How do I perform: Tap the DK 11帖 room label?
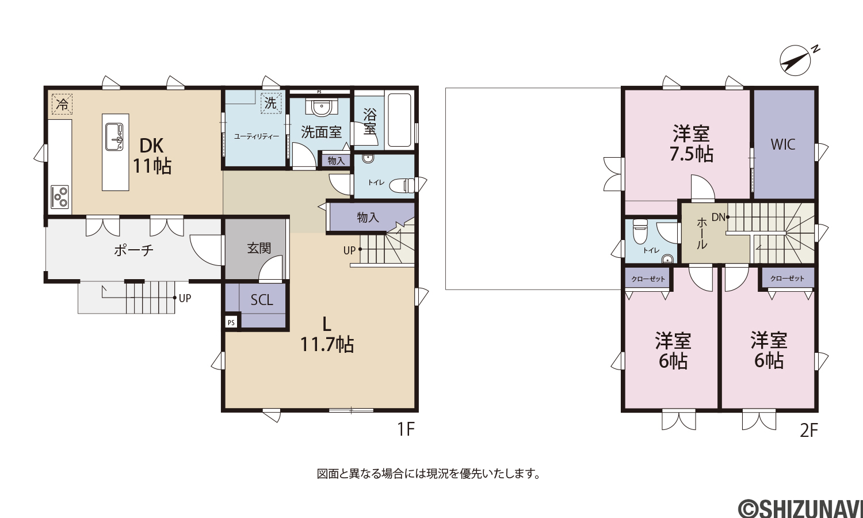152,156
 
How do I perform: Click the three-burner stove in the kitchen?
60,197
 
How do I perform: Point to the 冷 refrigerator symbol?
62,104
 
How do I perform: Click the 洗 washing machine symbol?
271,103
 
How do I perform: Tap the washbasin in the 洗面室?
320,106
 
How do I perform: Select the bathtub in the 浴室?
399,120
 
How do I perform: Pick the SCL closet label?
262,300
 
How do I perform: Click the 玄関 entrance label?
259,249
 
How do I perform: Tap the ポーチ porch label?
133,250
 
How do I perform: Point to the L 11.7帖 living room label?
327,334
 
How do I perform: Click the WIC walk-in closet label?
783,144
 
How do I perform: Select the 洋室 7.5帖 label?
691,144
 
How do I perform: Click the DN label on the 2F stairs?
718,218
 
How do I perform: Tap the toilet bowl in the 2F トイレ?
640,231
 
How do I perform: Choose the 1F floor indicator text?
406,429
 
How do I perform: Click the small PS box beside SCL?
231,322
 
